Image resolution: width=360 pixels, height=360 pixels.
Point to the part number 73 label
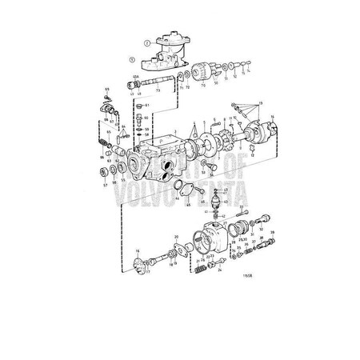coord(157,91)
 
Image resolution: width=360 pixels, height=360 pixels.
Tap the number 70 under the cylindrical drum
coord(204,82)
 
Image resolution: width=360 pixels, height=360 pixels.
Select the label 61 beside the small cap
coord(147,106)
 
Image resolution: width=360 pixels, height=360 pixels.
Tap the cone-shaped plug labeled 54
coord(202,162)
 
